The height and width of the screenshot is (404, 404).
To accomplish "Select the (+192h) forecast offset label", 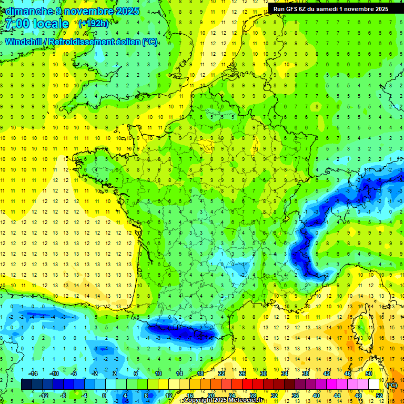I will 93,24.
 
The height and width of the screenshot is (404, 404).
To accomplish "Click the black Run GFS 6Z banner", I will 330,8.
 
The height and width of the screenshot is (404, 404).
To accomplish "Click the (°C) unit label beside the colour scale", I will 391,385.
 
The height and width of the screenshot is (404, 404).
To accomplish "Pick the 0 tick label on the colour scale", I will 104,395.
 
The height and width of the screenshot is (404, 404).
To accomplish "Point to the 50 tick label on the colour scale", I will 369,373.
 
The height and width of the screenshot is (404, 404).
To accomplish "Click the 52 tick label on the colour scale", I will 379,395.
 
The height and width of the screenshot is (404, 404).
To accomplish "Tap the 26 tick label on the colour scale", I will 243,373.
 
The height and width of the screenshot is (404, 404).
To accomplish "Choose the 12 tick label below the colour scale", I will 169,395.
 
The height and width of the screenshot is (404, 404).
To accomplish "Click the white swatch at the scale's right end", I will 374,385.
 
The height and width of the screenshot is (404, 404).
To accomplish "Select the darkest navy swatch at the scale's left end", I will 26,385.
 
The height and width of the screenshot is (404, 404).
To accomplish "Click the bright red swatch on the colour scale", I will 248,385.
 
